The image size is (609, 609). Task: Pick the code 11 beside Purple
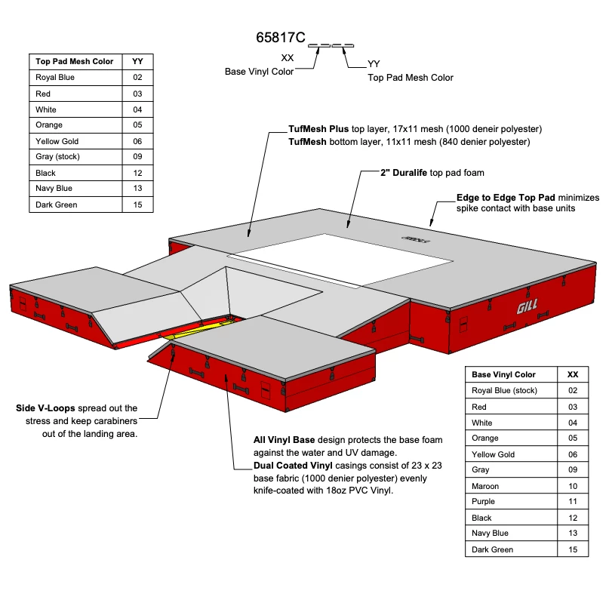(x=573, y=502)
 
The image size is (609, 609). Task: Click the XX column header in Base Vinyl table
(x=573, y=374)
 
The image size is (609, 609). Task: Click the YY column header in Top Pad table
(x=137, y=61)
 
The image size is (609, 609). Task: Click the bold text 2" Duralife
(x=404, y=173)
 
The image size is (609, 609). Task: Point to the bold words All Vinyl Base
(x=284, y=440)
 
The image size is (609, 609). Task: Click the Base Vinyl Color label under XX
(x=259, y=72)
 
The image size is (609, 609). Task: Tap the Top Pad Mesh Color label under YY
(x=411, y=78)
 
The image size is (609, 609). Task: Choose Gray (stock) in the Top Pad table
(x=57, y=157)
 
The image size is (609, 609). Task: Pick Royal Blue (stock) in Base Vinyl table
(x=504, y=391)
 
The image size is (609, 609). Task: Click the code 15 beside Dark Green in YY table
(x=137, y=205)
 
